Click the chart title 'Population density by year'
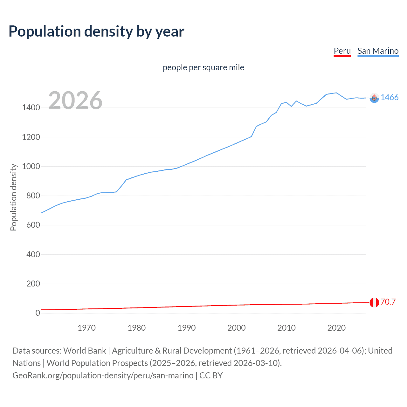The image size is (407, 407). click(96, 31)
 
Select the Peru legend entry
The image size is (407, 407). click(342, 51)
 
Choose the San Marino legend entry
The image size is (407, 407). click(378, 51)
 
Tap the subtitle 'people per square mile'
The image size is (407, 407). click(203, 67)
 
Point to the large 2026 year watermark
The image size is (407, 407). click(75, 100)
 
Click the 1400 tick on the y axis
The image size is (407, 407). click(31, 108)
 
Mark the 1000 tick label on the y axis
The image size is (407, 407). click(31, 166)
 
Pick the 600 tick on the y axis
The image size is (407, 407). click(33, 225)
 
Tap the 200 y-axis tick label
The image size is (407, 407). click(33, 284)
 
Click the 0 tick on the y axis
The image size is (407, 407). click(38, 313)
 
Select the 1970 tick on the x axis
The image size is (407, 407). click(86, 328)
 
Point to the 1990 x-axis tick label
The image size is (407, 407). click(187, 328)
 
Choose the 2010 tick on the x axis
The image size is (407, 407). click(286, 328)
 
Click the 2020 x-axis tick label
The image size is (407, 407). click(336, 328)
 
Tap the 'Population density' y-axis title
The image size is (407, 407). click(13, 197)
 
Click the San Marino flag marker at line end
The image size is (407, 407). click(374, 98)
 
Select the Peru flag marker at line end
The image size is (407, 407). click(374, 302)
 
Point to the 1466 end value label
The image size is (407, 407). click(390, 97)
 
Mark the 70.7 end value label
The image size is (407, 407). click(388, 302)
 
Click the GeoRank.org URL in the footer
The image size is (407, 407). click(103, 376)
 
